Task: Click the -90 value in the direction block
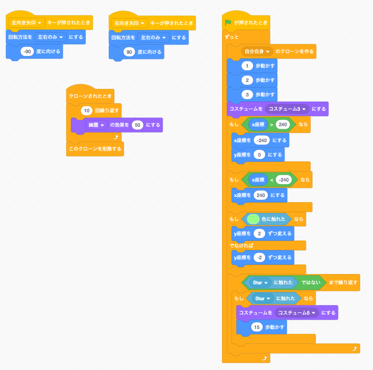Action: coord(27,52)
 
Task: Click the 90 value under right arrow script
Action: coord(129,52)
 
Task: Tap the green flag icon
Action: coord(228,23)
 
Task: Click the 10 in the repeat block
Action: coord(87,110)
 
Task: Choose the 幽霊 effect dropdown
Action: coord(96,125)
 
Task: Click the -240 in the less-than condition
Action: coord(284,180)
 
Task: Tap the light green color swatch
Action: coord(253,219)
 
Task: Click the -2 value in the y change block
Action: coord(259,257)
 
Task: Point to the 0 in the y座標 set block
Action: coord(259,154)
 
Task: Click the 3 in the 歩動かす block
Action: coord(247,94)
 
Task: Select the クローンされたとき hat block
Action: coord(90,96)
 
